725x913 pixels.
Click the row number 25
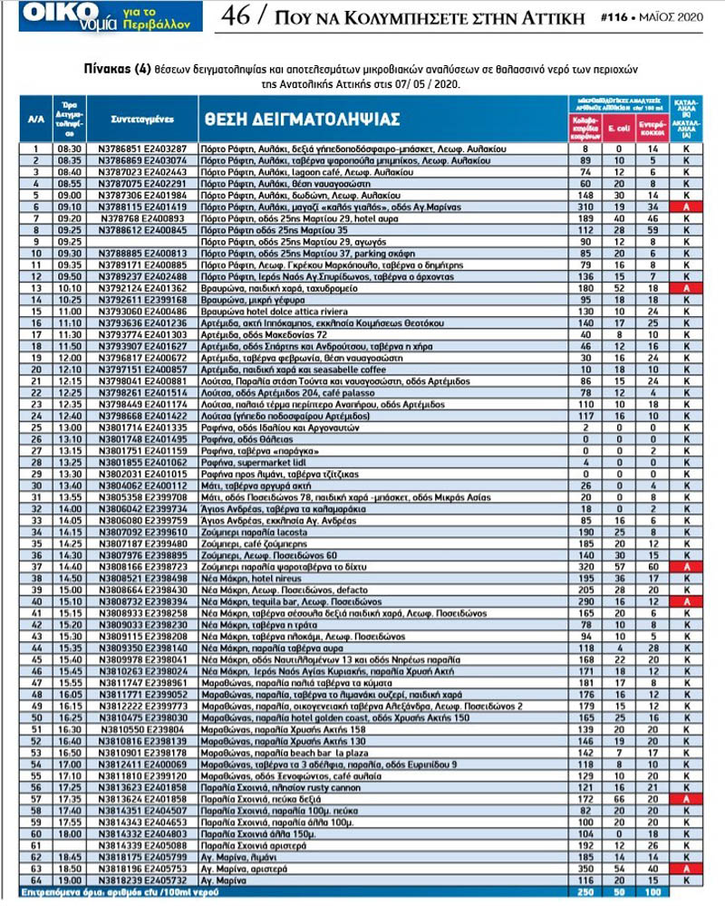click(x=37, y=427)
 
